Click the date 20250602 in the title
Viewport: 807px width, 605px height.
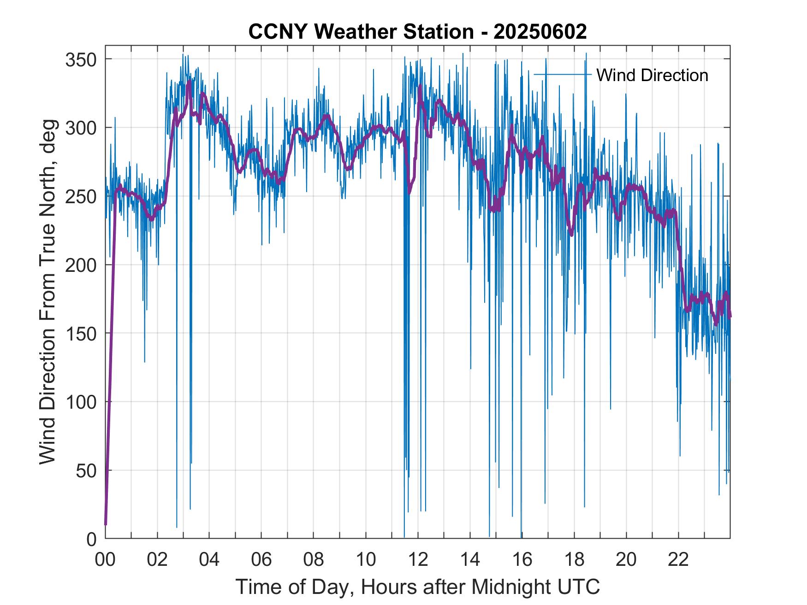540,32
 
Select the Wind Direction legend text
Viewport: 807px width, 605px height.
652,75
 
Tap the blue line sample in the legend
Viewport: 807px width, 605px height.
562,74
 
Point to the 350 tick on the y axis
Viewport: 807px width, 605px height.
81,59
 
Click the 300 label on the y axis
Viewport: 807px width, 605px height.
81,128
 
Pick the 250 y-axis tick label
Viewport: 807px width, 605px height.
81,196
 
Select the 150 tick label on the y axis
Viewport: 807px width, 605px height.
81,334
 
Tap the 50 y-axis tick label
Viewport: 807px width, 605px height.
86,470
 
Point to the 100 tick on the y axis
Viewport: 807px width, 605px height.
81,402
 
